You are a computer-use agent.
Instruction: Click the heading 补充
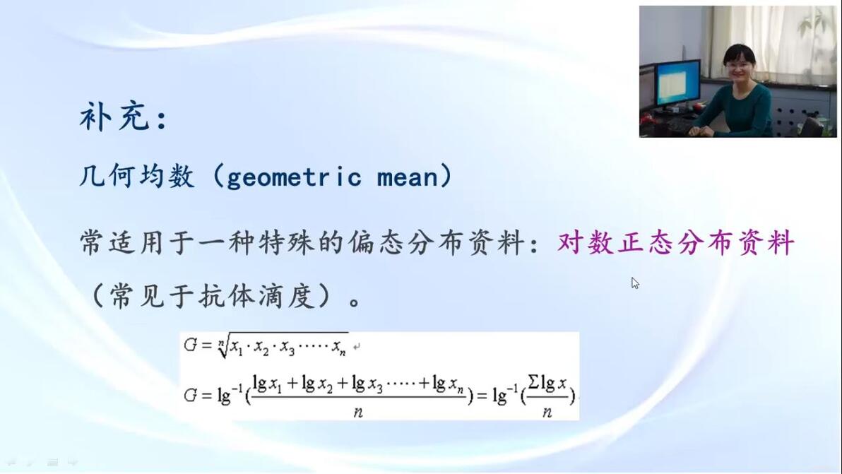tap(114, 117)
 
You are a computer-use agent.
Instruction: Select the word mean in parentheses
tap(408, 178)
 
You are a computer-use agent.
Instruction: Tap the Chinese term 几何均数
tap(137, 176)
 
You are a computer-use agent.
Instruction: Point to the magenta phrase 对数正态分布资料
tap(676, 242)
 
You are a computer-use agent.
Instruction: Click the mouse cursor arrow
tap(635, 283)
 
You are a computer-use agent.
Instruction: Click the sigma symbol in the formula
tap(533, 382)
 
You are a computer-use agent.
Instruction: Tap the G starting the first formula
tap(190, 345)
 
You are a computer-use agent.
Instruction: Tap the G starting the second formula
tap(190, 396)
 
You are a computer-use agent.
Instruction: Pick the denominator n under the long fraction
tap(358, 413)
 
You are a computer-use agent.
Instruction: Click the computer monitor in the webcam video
tap(677, 83)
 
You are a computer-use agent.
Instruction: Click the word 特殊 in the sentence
tap(285, 242)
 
